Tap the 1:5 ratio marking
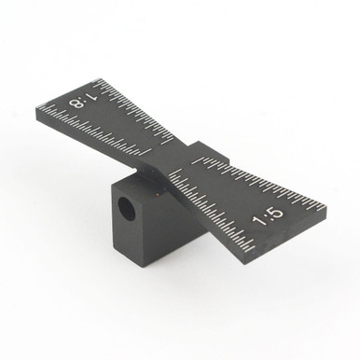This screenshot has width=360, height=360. click(x=268, y=217)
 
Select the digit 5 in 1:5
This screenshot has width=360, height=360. click(x=276, y=214)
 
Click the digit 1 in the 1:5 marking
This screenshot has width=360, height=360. click(x=260, y=222)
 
